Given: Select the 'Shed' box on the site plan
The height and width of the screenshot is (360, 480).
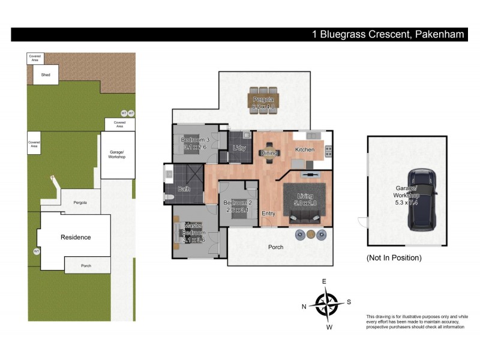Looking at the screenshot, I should (46, 75).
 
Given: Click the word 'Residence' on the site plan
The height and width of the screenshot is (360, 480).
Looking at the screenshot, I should (76, 237).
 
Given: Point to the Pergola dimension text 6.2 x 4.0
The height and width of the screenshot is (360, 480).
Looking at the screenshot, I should (263, 107).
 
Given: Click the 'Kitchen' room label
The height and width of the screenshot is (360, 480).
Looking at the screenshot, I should (305, 149).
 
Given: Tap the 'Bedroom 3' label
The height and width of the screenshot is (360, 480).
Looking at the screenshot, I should (194, 140).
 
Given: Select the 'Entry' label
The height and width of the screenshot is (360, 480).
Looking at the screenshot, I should (268, 214).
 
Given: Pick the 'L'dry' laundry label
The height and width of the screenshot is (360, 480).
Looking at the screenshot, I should (239, 149).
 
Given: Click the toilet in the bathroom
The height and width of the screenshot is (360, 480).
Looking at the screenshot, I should (169, 197).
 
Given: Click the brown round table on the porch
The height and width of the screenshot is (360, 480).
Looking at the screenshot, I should (310, 235).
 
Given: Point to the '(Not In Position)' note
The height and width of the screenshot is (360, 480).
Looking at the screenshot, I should (394, 258).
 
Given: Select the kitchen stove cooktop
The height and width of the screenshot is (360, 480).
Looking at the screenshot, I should (328, 150).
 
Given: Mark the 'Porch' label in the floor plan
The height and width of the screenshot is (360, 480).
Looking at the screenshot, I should (276, 247).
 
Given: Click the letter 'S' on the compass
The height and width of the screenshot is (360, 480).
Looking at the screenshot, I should (349, 302).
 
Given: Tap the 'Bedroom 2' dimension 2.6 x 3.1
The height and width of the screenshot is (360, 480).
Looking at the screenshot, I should (236, 210).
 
